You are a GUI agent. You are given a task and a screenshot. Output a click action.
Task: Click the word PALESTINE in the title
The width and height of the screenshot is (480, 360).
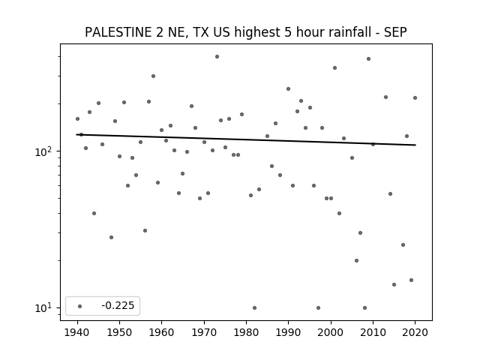(118, 32)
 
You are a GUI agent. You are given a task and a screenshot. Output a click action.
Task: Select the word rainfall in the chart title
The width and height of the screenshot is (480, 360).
(349, 32)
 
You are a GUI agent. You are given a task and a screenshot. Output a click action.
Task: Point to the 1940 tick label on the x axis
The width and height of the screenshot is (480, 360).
(77, 332)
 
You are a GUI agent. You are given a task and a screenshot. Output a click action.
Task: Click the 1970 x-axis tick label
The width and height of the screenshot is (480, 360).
(204, 332)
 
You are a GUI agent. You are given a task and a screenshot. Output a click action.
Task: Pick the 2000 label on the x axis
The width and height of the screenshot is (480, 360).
(331, 332)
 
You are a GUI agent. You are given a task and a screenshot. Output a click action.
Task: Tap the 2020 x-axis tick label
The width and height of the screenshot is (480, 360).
(415, 332)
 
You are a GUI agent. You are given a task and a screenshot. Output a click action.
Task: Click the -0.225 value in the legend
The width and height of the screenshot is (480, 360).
(118, 305)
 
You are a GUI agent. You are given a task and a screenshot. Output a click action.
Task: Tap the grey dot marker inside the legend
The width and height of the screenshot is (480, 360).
(80, 306)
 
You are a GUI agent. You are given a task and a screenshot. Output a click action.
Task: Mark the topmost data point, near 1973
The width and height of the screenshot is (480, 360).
(217, 57)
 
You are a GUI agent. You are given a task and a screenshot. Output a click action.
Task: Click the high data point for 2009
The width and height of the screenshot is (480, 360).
(368, 58)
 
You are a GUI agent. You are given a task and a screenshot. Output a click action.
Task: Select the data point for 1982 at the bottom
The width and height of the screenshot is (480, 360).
(255, 308)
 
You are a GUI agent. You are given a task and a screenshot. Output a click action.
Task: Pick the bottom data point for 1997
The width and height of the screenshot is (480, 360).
(318, 308)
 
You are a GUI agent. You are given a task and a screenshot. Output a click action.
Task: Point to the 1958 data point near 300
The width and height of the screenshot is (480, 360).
(153, 76)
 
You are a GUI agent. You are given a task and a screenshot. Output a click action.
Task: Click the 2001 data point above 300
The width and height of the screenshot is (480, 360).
(335, 68)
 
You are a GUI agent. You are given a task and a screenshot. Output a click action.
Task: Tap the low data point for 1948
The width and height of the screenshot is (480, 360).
(112, 237)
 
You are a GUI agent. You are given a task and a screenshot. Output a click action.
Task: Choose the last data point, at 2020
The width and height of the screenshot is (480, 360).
(415, 98)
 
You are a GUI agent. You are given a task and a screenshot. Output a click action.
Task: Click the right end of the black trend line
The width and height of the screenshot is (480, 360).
(415, 145)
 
